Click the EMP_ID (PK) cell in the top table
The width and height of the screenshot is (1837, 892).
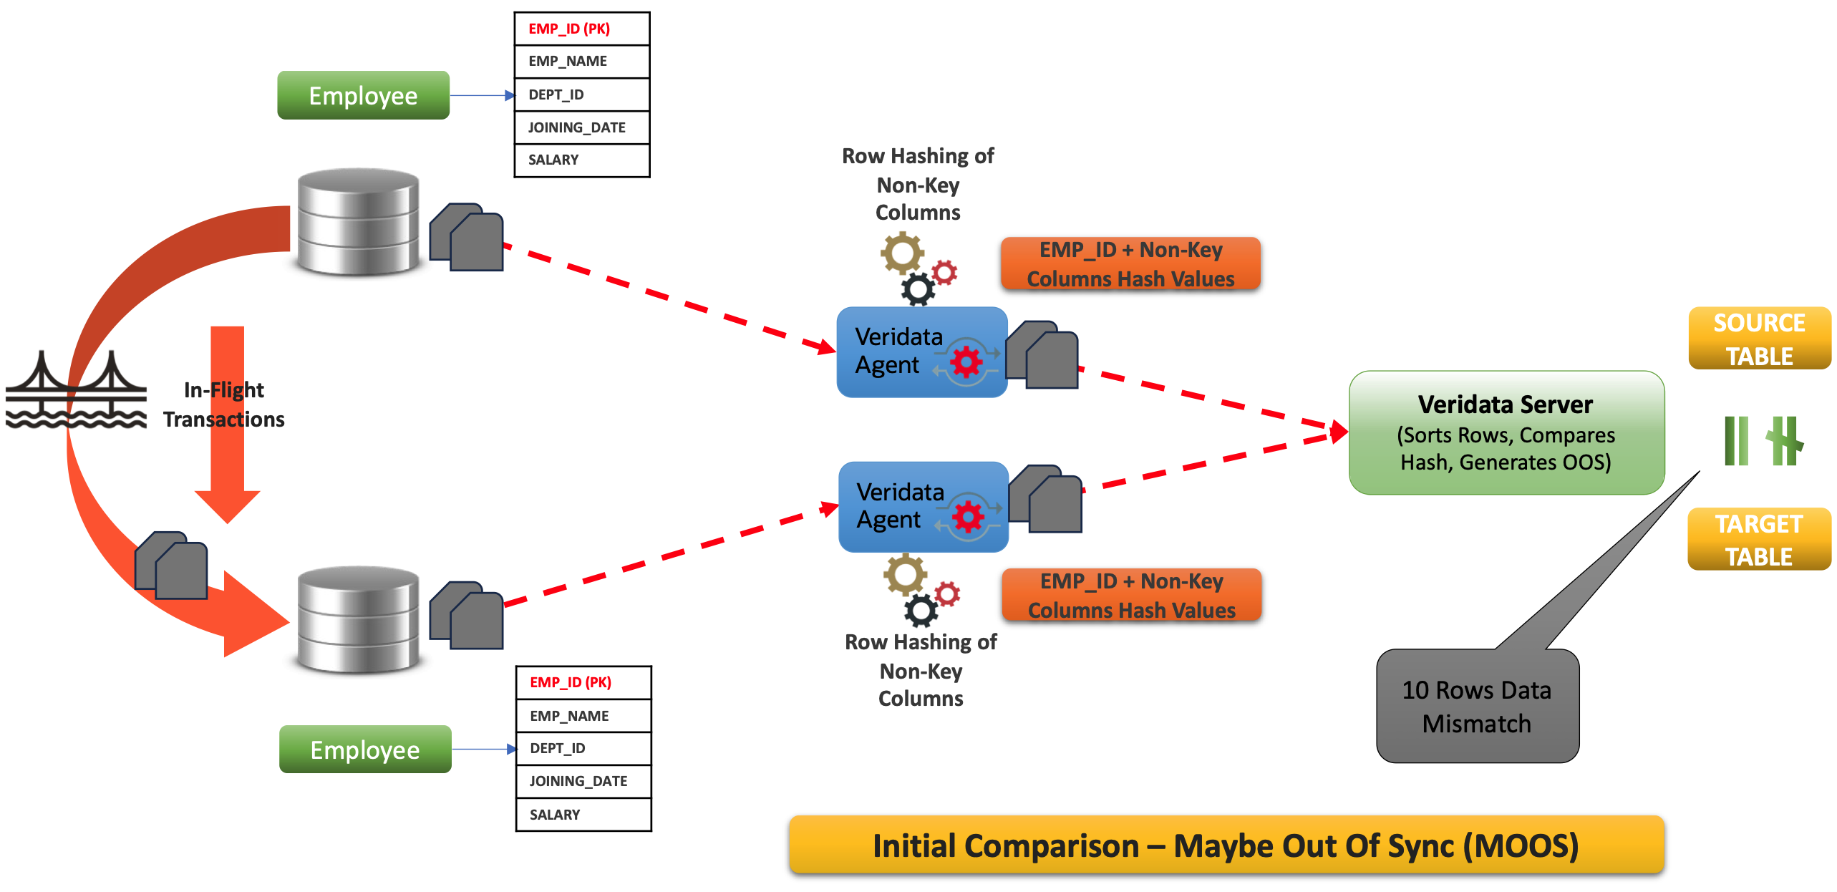tap(581, 29)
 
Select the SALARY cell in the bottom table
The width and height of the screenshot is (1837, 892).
tap(583, 815)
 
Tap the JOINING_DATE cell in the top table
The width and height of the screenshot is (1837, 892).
tap(581, 127)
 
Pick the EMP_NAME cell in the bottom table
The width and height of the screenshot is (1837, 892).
tap(583, 716)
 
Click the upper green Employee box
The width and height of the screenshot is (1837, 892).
tap(363, 95)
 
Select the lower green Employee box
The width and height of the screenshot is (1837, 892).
tap(365, 750)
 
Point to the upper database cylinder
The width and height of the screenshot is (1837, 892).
tap(358, 222)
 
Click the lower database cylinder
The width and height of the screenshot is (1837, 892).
tap(358, 620)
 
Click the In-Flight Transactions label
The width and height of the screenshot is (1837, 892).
tap(223, 404)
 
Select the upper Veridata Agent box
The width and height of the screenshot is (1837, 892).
tap(921, 352)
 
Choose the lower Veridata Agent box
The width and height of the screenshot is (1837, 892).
tap(923, 507)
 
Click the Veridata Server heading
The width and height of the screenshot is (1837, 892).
tap(1506, 405)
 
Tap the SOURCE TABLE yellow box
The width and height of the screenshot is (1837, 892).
tap(1759, 339)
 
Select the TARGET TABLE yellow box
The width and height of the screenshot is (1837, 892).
tap(1759, 540)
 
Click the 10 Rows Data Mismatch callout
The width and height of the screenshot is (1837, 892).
tap(1477, 707)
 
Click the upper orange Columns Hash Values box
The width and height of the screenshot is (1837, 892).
tap(1130, 264)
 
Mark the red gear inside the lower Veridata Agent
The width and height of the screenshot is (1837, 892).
tap(968, 516)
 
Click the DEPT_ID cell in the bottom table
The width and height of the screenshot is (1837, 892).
tap(583, 749)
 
